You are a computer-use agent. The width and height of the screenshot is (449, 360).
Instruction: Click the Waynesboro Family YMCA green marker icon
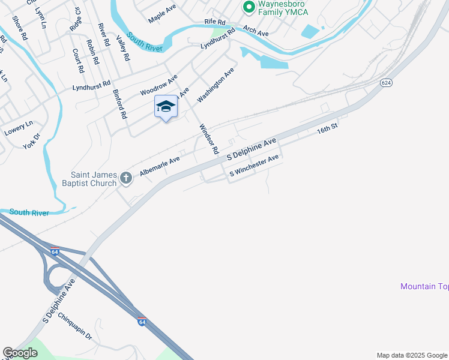pos(247,8)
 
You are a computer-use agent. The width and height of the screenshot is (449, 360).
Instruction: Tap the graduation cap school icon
pos(166,107)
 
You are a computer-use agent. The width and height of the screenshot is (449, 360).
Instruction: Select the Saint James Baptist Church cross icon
pos(125,177)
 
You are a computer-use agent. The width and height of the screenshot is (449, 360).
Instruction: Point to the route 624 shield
pos(386,82)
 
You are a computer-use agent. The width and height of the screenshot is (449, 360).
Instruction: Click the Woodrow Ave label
pos(159,85)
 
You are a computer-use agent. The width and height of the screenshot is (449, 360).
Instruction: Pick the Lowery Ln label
pos(18,128)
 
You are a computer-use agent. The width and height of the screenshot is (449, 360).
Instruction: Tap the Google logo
pos(20,353)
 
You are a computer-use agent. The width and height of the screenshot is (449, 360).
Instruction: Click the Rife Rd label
pos(214,22)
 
